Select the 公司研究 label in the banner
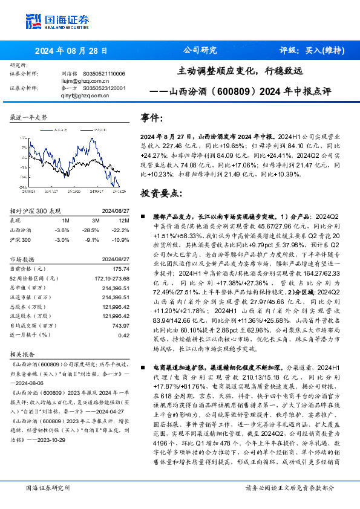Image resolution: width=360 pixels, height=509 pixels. pos(199,50)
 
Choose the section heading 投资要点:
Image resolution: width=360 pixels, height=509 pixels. pos(161,193)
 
